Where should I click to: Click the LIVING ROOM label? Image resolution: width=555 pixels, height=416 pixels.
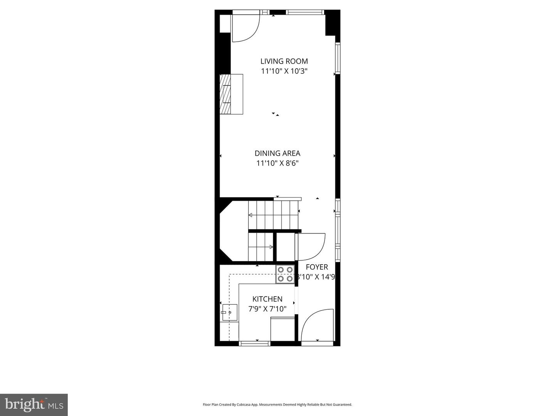(x=284, y=61)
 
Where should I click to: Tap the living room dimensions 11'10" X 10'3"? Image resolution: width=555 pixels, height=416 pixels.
(x=284, y=71)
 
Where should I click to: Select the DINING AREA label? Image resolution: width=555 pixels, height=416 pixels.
(x=277, y=153)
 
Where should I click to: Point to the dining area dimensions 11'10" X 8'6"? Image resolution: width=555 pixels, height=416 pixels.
(x=277, y=163)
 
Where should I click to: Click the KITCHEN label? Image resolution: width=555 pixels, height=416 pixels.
(x=267, y=299)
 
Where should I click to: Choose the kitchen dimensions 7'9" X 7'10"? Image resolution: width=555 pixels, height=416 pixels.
(x=267, y=309)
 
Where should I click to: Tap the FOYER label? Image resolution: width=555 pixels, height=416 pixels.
(x=317, y=267)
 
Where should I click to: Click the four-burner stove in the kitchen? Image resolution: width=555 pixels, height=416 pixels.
(x=285, y=274)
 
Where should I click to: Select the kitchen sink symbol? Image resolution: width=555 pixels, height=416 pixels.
(x=230, y=312)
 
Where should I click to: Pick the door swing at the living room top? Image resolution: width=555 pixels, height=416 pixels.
(x=246, y=28)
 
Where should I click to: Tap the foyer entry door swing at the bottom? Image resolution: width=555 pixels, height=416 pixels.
(x=317, y=325)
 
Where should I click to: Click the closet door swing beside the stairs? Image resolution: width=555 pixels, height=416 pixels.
(x=311, y=247)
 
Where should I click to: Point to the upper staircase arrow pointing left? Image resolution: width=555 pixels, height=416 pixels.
(x=251, y=215)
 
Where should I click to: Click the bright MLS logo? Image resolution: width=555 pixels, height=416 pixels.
(x=34, y=404)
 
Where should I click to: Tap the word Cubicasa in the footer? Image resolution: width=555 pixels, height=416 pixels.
(x=245, y=405)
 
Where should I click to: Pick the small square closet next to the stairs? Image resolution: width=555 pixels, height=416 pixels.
(x=286, y=247)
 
